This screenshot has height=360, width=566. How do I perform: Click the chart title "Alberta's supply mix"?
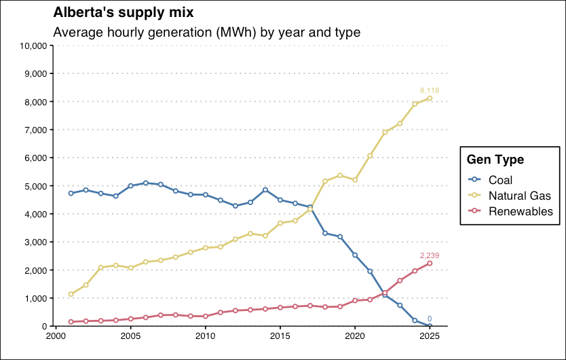[x=123, y=13]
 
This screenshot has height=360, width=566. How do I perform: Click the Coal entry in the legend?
[x=501, y=180]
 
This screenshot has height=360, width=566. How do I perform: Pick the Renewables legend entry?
[x=521, y=211]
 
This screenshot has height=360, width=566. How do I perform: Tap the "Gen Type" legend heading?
[x=495, y=160]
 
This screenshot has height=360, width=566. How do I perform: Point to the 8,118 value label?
[x=430, y=90]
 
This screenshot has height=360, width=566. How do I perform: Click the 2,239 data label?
[x=430, y=255]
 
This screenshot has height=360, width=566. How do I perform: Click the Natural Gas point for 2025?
[x=430, y=98]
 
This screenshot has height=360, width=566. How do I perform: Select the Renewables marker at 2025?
[x=430, y=264]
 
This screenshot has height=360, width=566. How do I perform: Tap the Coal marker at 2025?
[x=430, y=326]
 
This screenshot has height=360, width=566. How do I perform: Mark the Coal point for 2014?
[x=265, y=190]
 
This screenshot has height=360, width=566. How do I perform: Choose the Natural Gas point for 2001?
[x=71, y=294]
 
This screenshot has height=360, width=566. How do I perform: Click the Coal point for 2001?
[x=71, y=193]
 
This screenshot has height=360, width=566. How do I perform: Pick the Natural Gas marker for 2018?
[x=325, y=181]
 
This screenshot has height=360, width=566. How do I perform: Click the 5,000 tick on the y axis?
[x=35, y=185]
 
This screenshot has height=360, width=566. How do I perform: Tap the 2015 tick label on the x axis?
[x=280, y=336]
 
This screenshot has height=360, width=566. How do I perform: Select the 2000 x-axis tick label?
[x=56, y=336]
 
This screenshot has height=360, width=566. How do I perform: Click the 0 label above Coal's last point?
[x=430, y=319]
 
